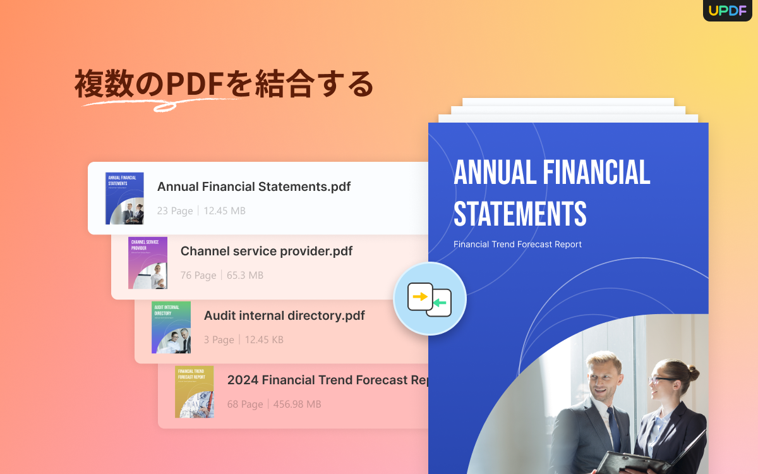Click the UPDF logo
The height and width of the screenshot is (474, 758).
[727, 10]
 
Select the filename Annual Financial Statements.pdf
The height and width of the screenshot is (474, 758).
[253, 186]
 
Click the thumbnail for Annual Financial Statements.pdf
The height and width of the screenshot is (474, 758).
[124, 198]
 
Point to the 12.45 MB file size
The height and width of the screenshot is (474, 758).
[224, 210]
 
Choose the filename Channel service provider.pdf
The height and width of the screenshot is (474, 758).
[266, 251]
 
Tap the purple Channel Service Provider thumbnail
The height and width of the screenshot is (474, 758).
[148, 263]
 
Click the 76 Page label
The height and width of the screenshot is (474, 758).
[198, 276]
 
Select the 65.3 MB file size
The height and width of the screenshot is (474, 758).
[245, 276]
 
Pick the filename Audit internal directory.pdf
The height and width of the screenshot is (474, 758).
[284, 315]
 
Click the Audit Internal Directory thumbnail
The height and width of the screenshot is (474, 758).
[171, 327]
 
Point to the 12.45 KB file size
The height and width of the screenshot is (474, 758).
[264, 340]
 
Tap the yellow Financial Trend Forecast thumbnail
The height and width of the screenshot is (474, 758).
[195, 392]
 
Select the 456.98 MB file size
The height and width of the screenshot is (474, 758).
[297, 404]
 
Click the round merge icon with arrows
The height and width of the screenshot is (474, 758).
[430, 298]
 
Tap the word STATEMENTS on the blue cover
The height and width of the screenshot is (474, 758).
[520, 214]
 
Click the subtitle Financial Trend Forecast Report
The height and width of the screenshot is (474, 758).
[517, 244]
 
